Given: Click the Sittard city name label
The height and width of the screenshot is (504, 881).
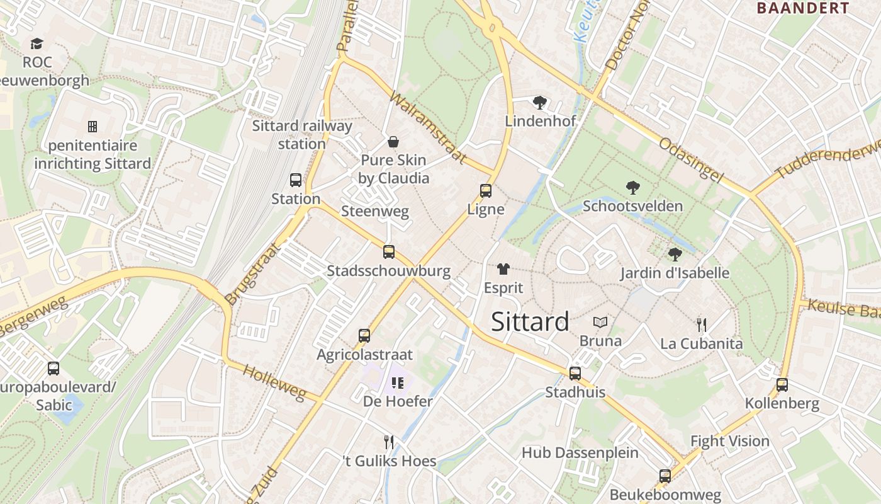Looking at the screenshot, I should [530, 321].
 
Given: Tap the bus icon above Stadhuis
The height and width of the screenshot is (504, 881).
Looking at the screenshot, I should [575, 374].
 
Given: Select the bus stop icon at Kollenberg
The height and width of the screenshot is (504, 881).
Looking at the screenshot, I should [782, 385].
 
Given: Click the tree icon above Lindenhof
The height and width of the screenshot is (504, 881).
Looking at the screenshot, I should [539, 103].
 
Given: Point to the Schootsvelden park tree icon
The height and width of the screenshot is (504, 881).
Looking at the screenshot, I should [632, 188].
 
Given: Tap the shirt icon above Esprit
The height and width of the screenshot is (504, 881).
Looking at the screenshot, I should [503, 269].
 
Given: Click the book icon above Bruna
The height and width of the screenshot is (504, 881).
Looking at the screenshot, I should [600, 323].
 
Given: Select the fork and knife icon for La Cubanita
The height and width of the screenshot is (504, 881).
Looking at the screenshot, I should [701, 325].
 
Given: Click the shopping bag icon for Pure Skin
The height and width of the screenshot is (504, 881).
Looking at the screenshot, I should [393, 142].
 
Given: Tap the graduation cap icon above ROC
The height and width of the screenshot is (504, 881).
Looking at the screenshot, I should [36, 44].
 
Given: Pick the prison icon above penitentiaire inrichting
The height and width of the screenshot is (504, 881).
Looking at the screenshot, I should [93, 127].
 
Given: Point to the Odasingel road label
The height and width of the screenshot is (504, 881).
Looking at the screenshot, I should [690, 161].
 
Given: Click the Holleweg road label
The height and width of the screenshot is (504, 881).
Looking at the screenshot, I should [274, 382].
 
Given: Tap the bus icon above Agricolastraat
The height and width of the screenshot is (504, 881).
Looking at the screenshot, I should [364, 336].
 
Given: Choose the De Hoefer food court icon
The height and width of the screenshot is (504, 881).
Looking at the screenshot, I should [397, 382].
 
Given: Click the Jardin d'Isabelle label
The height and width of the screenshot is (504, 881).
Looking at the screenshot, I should [675, 273].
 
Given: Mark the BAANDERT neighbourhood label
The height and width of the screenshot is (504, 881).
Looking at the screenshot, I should [802, 8].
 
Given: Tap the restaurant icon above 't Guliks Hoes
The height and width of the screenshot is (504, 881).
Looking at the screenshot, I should [389, 442].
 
